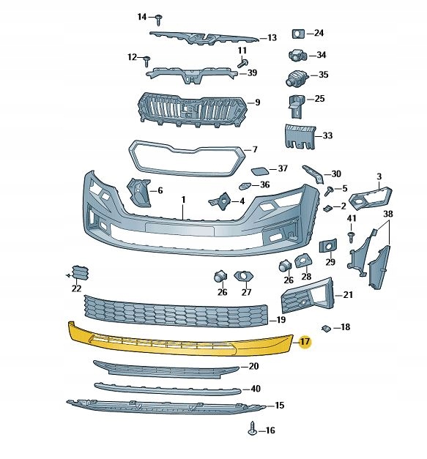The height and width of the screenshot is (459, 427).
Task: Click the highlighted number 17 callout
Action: pyautogui.click(x=305, y=342)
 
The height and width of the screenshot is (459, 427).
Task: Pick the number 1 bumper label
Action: pyautogui.click(x=185, y=199)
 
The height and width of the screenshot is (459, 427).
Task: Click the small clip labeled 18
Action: pyautogui.click(x=327, y=326)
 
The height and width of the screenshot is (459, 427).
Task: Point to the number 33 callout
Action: pyautogui.click(x=327, y=135)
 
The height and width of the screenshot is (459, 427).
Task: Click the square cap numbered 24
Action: pyautogui.click(x=297, y=34)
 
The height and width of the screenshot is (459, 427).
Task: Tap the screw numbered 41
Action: pyautogui.click(x=351, y=236)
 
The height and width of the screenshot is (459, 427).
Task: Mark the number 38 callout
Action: pyautogui.click(x=388, y=214)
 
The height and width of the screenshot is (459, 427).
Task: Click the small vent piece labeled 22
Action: pyautogui.click(x=81, y=274)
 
